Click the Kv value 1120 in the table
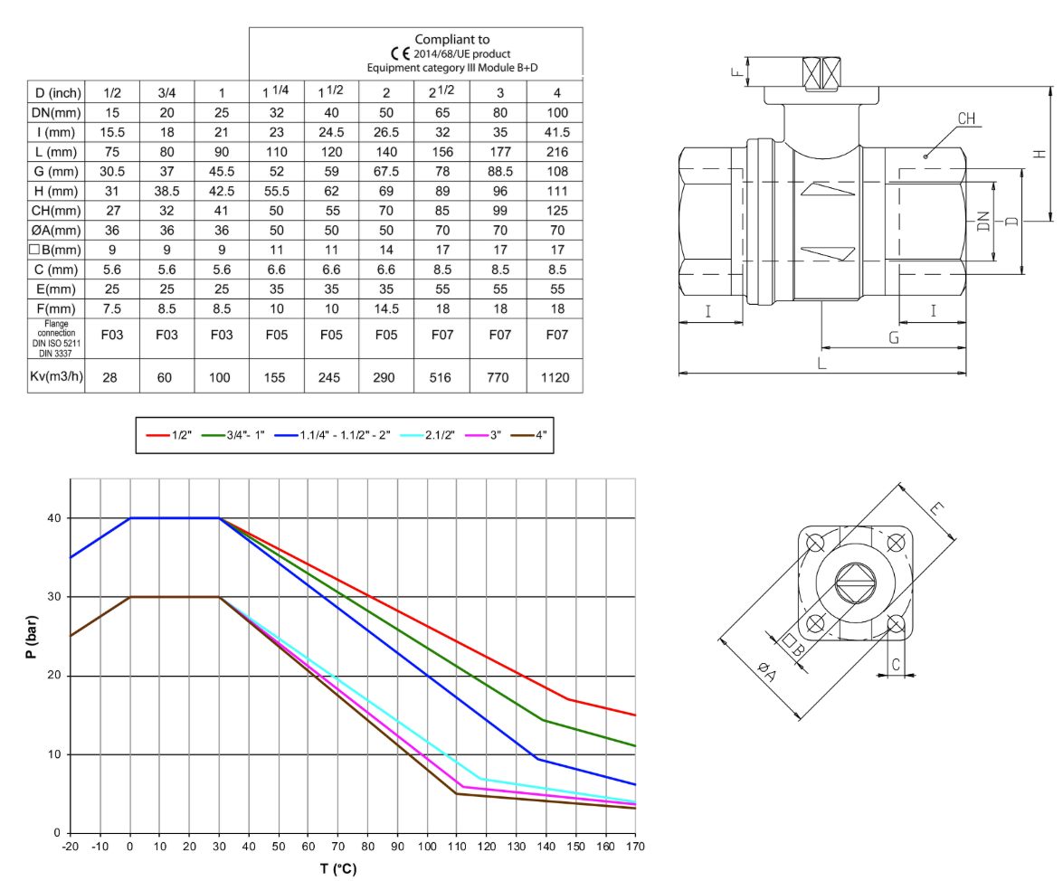pyautogui.click(x=555, y=377)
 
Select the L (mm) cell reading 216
pyautogui.click(x=557, y=152)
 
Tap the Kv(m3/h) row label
pyautogui.click(x=56, y=376)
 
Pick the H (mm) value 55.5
pyautogui.click(x=277, y=191)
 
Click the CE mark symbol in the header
pyautogui.click(x=400, y=53)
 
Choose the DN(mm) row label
pyautogui.click(x=56, y=112)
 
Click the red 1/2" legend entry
pyautogui.click(x=169, y=435)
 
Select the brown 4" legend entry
pyautogui.click(x=529, y=435)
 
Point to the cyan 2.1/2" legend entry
pyautogui.click(x=427, y=435)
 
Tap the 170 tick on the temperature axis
pyautogui.click(x=635, y=847)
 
